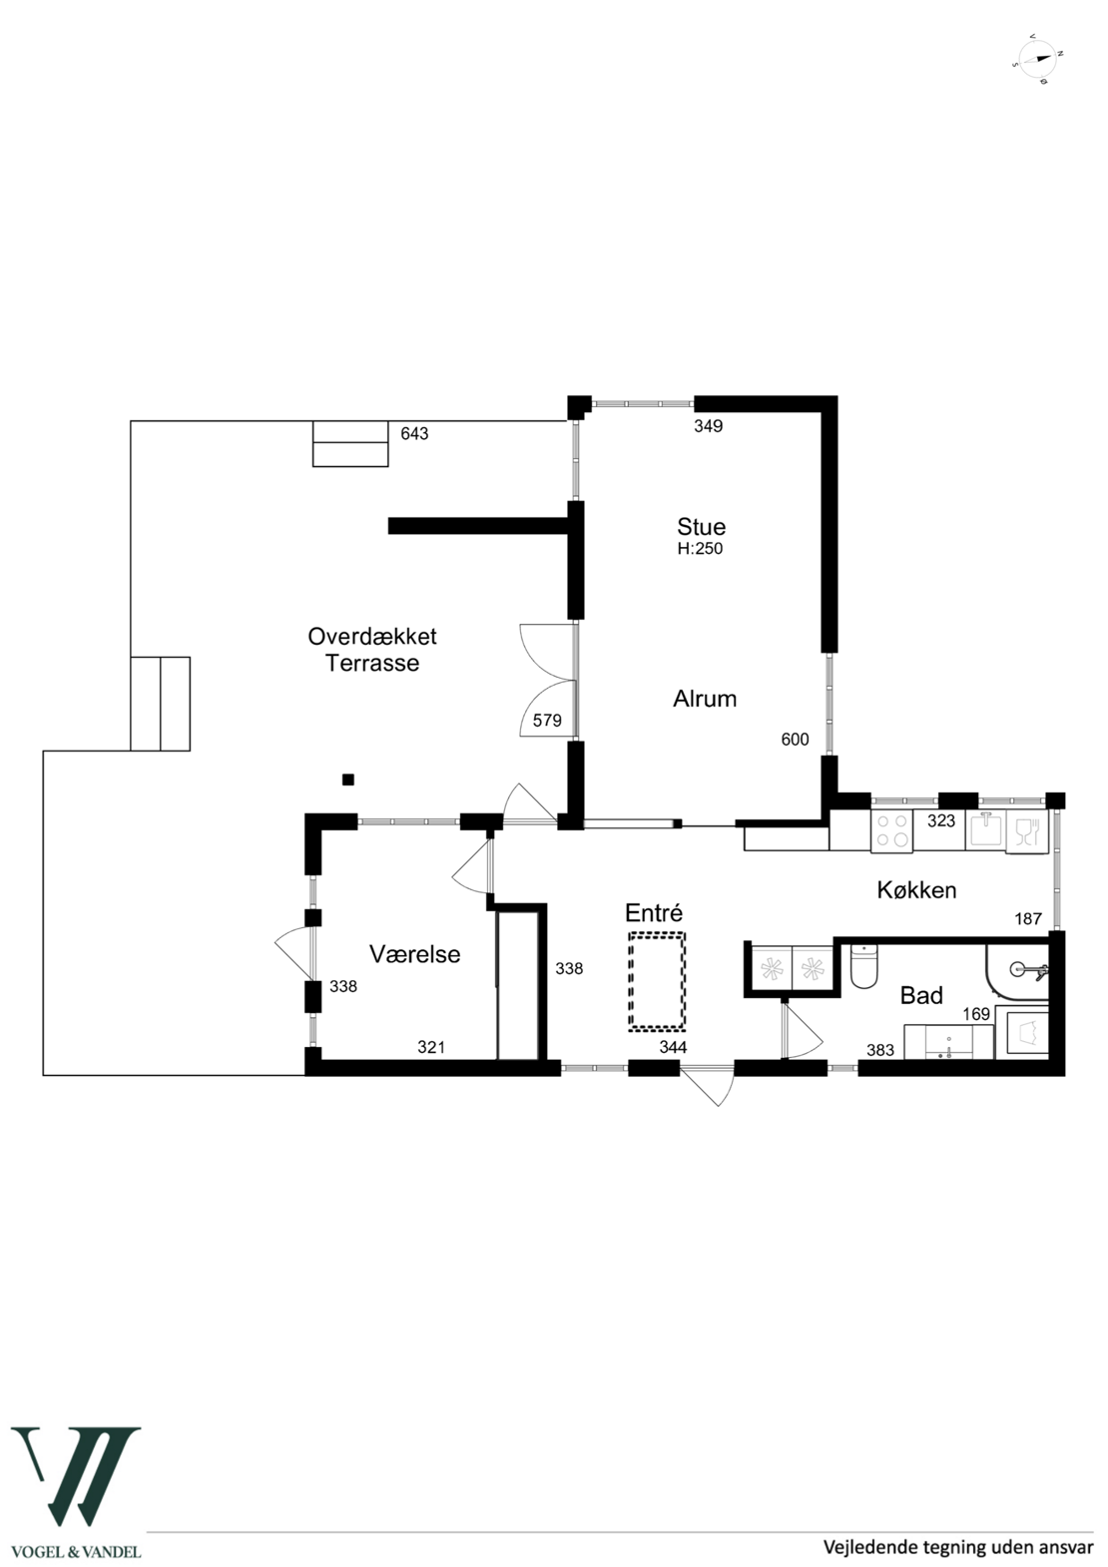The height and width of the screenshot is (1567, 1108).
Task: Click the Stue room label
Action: [x=701, y=527]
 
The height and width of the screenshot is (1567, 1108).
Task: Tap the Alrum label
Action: [x=705, y=699]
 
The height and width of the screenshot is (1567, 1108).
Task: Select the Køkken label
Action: [x=916, y=890]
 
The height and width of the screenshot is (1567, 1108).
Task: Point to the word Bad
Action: [x=921, y=995]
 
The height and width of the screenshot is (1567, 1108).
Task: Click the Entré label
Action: [x=654, y=912]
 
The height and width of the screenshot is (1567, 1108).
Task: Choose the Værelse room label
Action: [x=415, y=954]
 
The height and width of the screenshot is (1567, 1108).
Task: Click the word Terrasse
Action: [x=372, y=663]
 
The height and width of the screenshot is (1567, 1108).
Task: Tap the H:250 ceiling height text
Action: [x=700, y=549]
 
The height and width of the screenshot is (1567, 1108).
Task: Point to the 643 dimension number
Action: [x=414, y=434]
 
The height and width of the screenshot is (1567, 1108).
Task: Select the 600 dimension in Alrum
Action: [x=795, y=740]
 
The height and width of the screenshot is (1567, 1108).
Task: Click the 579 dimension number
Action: [x=547, y=721]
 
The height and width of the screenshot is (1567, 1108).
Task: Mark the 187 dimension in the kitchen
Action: [x=1028, y=918]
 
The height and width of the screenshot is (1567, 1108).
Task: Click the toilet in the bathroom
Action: [x=863, y=966]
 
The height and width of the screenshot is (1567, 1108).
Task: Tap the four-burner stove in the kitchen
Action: [x=891, y=831]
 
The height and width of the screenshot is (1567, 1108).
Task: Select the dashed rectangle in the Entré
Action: [x=657, y=981]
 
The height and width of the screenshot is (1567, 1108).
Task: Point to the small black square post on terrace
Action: [x=347, y=780]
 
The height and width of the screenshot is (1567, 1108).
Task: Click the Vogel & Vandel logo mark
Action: [x=76, y=1465]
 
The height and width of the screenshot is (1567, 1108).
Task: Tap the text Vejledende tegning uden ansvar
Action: [x=958, y=1547]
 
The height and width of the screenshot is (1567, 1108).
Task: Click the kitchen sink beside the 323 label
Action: [x=985, y=830]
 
